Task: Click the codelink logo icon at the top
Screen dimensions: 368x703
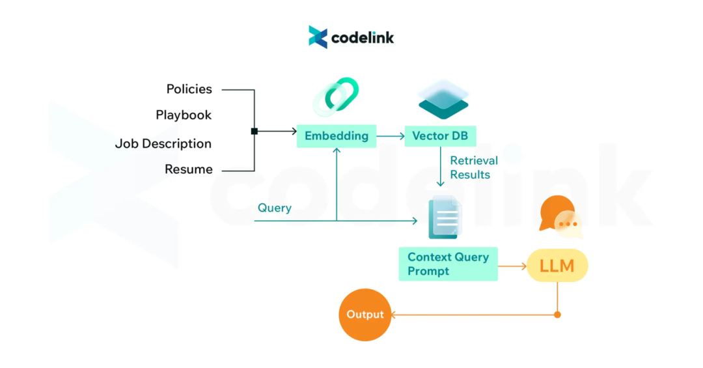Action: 318,37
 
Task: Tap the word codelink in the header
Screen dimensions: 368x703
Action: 363,38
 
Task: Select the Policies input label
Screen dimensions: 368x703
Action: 189,89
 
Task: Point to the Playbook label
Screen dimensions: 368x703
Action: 184,115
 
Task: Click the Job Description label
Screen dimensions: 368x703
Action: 163,144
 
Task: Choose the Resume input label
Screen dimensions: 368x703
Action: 188,169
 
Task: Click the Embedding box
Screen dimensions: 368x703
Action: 337,136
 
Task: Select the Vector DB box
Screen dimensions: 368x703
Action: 440,136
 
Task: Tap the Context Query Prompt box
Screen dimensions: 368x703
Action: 448,264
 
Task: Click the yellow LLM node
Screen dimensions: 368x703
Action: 557,266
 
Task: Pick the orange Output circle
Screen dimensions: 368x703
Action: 365,315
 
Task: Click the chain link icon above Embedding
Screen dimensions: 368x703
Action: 337,96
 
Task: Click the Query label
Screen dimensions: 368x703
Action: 274,208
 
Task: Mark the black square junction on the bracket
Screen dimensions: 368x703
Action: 255,132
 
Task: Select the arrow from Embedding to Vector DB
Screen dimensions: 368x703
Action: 390,136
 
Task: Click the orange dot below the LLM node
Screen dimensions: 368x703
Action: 557,315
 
